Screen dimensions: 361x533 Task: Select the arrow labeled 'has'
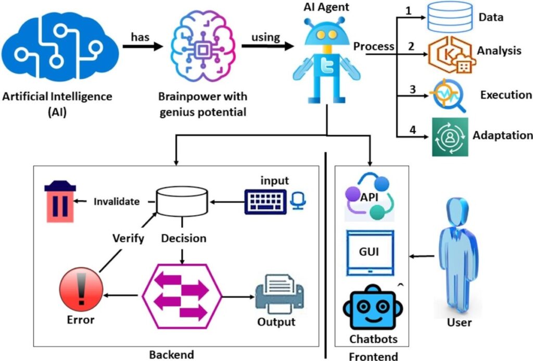coord(141,46)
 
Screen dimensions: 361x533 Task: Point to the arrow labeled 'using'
coord(265,46)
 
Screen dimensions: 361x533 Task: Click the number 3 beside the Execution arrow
coord(412,89)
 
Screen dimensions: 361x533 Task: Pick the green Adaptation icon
coord(449,137)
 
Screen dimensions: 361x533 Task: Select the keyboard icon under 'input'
coord(265,201)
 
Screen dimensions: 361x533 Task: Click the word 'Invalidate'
coord(117,202)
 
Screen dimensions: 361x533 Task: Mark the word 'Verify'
coord(128,239)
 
